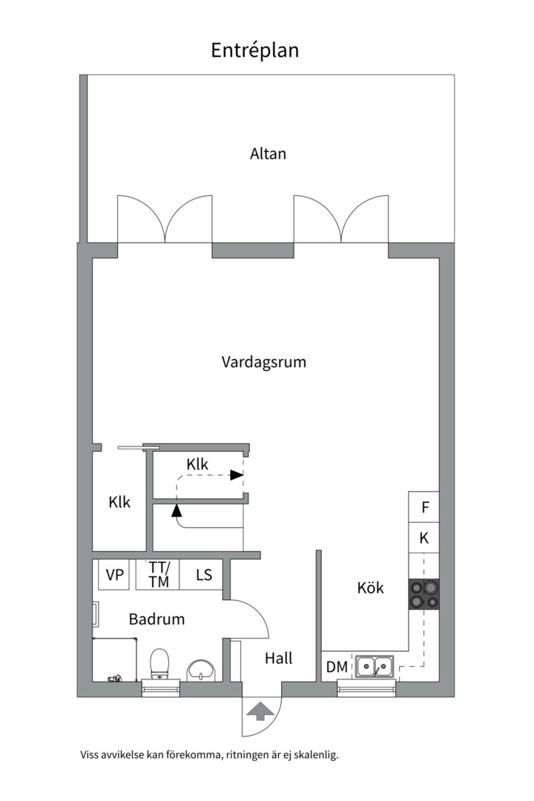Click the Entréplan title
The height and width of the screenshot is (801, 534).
(x=254, y=50)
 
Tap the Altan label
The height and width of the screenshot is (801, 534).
(x=268, y=154)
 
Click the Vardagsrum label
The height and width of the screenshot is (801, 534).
(x=264, y=362)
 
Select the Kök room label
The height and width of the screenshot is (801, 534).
(x=371, y=587)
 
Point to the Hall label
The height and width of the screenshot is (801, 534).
(x=279, y=658)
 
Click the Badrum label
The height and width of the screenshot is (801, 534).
(x=156, y=619)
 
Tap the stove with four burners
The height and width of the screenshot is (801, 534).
(x=423, y=594)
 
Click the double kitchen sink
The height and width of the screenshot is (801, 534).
(x=375, y=666)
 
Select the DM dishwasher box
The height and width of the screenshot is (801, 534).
(x=337, y=667)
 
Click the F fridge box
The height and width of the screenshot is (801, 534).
(x=424, y=507)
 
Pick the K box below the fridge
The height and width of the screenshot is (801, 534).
(x=424, y=538)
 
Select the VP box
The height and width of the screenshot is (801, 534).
(x=114, y=575)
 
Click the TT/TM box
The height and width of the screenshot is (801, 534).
(x=159, y=575)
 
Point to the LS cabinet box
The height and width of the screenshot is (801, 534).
(x=203, y=575)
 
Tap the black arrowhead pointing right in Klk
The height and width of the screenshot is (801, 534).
(x=237, y=475)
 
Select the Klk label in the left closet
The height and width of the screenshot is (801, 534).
(x=119, y=502)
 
